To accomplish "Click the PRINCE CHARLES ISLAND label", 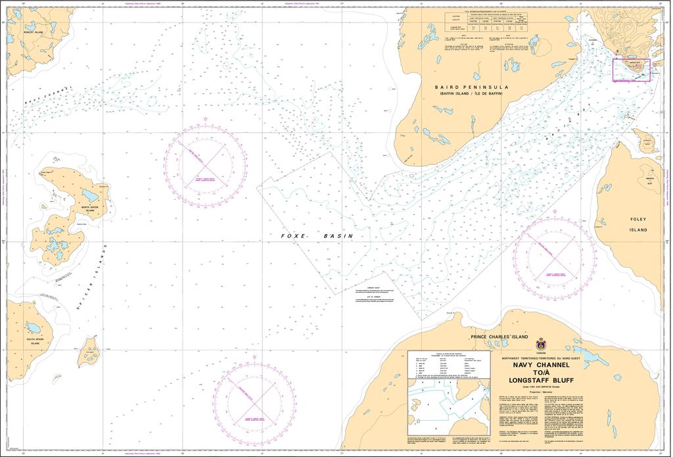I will click(x=499, y=336).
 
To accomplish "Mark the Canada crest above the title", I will click(x=541, y=344).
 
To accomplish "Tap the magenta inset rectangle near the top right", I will click(x=631, y=70).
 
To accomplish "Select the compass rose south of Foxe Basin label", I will click(x=254, y=397).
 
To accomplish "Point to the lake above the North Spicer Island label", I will click(x=90, y=195).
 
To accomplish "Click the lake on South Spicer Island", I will click(x=33, y=327).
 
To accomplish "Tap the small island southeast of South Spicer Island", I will click(x=88, y=353).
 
